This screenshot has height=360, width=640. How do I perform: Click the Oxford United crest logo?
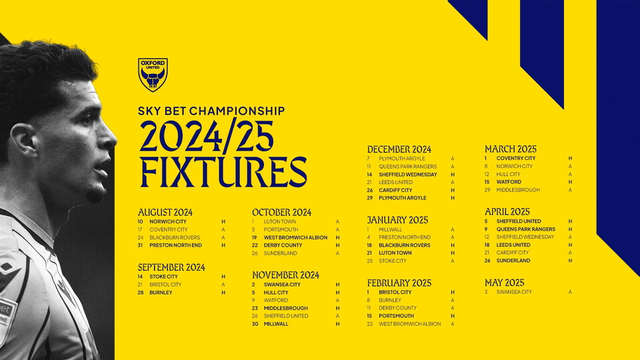pyautogui.click(x=153, y=75)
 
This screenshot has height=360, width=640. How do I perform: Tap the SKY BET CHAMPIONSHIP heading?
pyautogui.click(x=211, y=111)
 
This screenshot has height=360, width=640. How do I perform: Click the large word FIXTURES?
pyautogui.click(x=223, y=171)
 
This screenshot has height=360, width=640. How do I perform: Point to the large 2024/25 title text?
pyautogui.click(x=207, y=138)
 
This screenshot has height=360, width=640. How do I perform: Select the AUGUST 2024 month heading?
pyautogui.click(x=165, y=212)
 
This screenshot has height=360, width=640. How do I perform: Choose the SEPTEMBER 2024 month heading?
pyautogui.click(x=171, y=267)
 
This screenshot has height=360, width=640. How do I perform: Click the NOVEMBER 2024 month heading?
pyautogui.click(x=285, y=275)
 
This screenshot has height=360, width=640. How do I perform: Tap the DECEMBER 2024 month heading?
pyautogui.click(x=399, y=149)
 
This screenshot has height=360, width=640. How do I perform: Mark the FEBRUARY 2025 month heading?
pyautogui.click(x=399, y=283)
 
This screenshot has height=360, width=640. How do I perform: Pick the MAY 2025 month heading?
pyautogui.click(x=504, y=283)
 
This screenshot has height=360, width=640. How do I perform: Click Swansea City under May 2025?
pyautogui.click(x=514, y=292)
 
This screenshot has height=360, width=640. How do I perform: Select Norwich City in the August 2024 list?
pyautogui.click(x=168, y=221)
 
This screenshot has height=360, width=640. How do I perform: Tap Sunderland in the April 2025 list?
pyautogui.click(x=513, y=261)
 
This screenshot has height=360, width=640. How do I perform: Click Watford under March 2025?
pyautogui.click(x=509, y=182)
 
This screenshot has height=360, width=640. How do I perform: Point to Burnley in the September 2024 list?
pyautogui.click(x=161, y=293)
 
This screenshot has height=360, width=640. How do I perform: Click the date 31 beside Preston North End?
pyautogui.click(x=141, y=245)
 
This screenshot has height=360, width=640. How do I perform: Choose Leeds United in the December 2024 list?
pyautogui.click(x=395, y=182)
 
